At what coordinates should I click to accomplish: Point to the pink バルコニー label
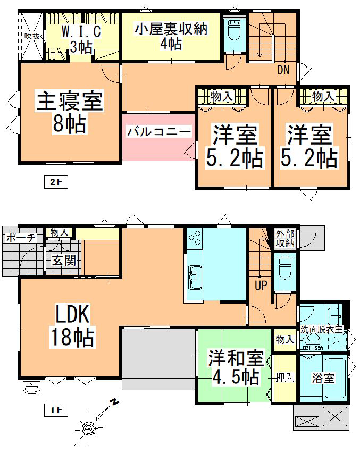[x=158, y=131]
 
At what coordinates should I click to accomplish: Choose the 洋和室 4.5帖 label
[x=233, y=367]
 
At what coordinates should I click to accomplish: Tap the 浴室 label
[x=323, y=378]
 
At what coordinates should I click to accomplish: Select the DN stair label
[x=283, y=69]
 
